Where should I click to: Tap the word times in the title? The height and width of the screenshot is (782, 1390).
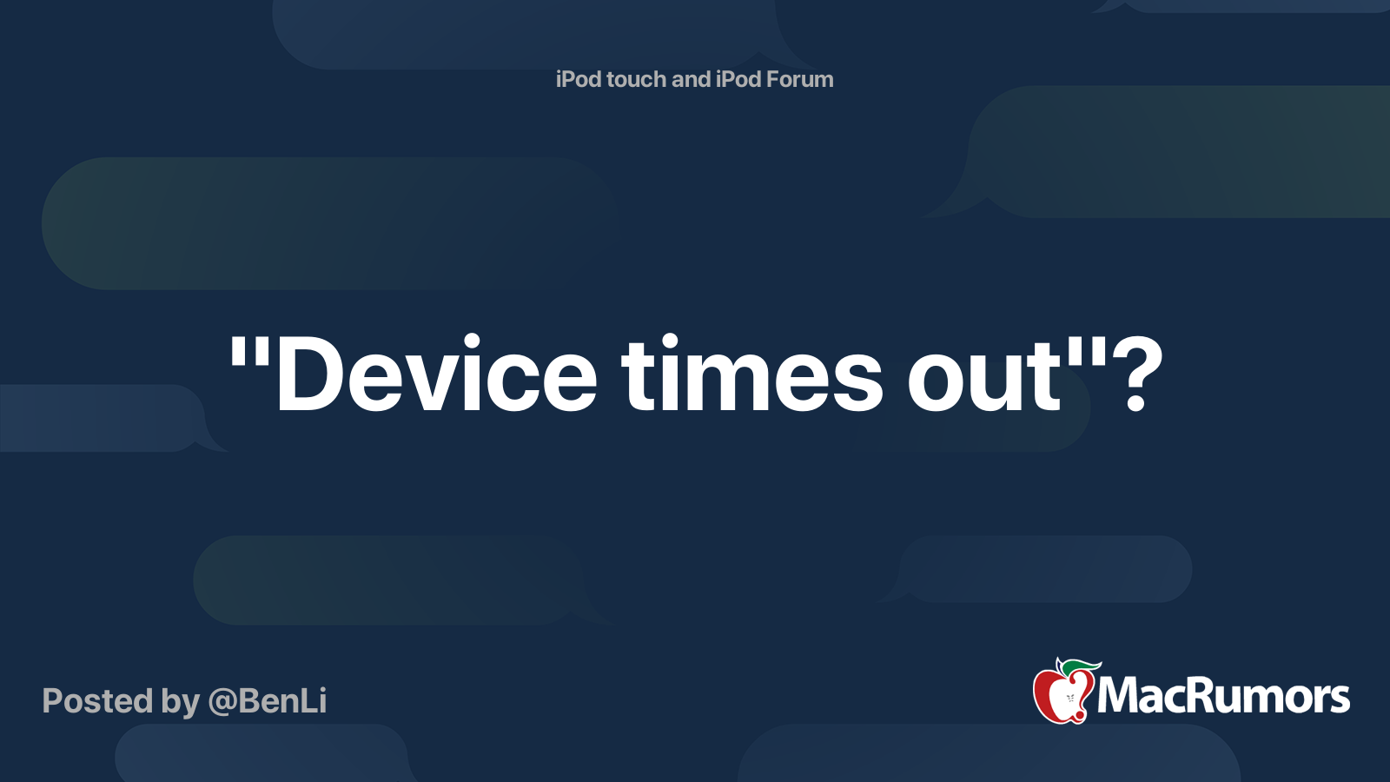click(x=751, y=373)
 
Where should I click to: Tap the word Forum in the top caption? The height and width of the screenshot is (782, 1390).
click(x=799, y=79)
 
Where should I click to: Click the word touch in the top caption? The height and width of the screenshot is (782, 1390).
click(x=635, y=79)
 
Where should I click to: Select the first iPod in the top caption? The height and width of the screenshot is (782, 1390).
click(x=579, y=79)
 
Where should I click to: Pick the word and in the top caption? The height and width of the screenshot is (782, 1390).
click(x=691, y=79)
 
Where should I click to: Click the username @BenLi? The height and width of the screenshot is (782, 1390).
click(x=268, y=701)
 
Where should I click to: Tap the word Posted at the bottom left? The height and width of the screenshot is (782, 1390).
click(x=98, y=701)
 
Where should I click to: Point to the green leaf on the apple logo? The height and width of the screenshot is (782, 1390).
click(x=1081, y=667)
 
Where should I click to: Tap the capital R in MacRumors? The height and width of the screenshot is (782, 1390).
click(x=1205, y=696)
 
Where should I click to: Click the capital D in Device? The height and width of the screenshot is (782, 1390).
click(x=308, y=374)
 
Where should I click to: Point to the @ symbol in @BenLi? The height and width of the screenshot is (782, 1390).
click(x=223, y=703)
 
